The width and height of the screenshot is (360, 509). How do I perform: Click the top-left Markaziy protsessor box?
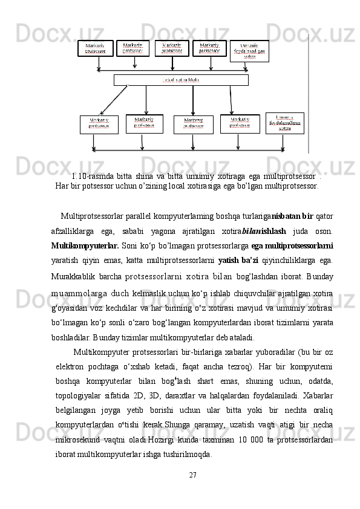click(95, 48)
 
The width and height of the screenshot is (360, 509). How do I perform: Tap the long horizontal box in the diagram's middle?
click(181, 80)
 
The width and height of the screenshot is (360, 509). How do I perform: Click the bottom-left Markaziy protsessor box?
click(99, 125)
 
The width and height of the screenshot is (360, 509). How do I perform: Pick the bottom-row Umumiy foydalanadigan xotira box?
click(284, 123)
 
